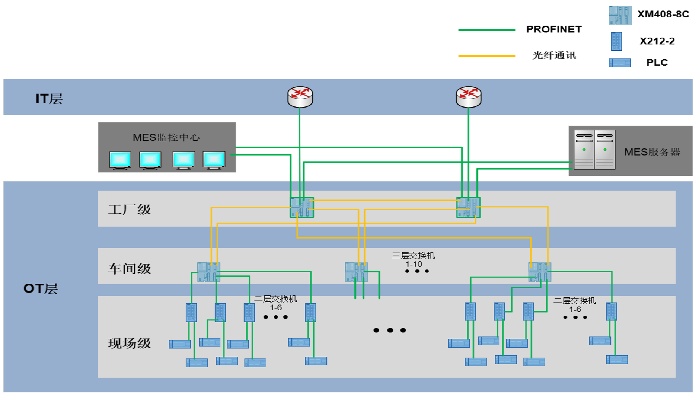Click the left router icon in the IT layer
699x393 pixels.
(300, 97)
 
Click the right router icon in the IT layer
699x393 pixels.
(469, 97)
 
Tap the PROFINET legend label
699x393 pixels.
(554, 29)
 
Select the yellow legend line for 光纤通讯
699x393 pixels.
(486, 56)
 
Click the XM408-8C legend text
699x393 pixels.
(663, 14)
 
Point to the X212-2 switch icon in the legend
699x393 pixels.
(616, 41)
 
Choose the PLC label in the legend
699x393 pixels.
(657, 63)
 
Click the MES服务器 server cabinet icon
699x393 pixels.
(594, 150)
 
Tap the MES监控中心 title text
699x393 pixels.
(166, 137)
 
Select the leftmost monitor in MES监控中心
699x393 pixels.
(120, 160)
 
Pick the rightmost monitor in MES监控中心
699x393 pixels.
(214, 160)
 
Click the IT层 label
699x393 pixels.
(49, 99)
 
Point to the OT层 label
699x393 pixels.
(40, 288)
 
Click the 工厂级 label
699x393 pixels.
(129, 209)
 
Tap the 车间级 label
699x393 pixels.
(129, 269)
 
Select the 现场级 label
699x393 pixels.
(129, 343)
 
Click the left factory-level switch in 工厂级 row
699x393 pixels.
(302, 207)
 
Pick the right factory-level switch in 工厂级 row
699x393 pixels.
(468, 207)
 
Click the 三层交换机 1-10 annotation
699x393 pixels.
(413, 260)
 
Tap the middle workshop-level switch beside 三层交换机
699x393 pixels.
(356, 272)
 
